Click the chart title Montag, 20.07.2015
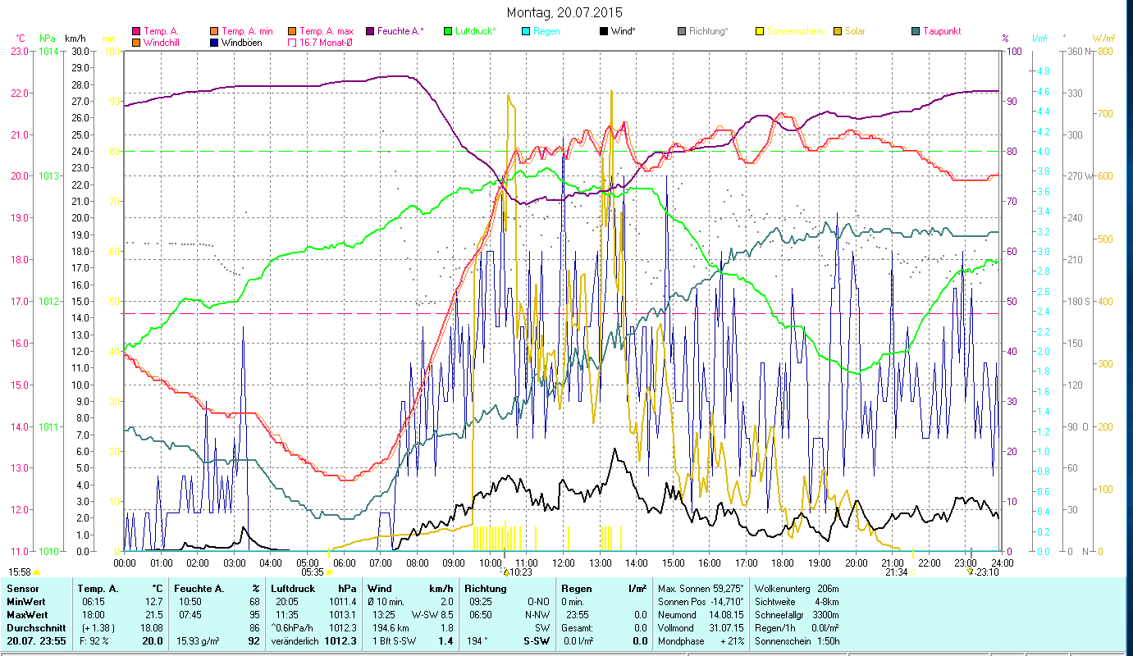564,12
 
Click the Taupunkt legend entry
941,31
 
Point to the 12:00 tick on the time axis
563,563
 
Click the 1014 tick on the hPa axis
48,51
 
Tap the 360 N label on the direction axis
1076,51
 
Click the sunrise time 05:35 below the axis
313,572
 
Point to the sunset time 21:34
896,572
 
